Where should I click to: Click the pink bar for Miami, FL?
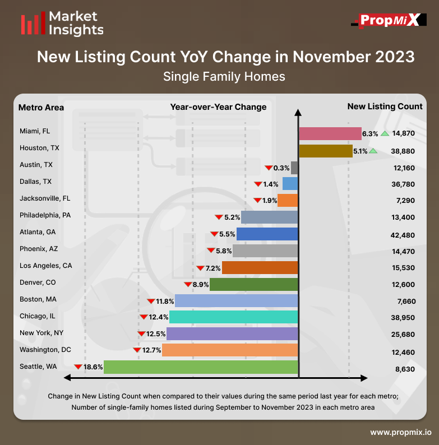point(330,133)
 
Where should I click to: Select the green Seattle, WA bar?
point(201,367)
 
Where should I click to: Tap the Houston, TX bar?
point(325,151)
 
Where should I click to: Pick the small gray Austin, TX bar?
point(295,168)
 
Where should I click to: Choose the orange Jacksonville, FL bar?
point(288,201)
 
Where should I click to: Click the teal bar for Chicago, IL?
point(233,317)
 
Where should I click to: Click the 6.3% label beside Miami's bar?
point(370,134)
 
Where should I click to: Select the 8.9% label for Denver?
point(201,285)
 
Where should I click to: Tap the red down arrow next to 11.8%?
point(150,301)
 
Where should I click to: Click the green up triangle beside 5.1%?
point(373,151)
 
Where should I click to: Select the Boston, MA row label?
point(38,299)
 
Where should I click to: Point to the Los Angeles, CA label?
point(46,266)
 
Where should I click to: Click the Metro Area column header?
point(41,107)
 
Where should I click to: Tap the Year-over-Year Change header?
point(219,107)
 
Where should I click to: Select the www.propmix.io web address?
point(400,432)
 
